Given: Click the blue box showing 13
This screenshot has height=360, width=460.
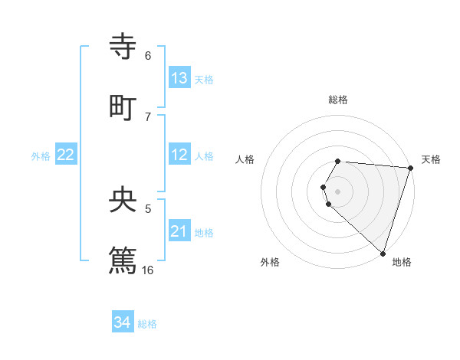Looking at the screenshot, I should (x=179, y=77).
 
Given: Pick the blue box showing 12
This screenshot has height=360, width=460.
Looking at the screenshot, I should (x=179, y=155).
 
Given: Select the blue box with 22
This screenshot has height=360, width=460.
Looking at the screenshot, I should (x=66, y=155).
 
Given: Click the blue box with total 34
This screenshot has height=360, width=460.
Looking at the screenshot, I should (x=123, y=322).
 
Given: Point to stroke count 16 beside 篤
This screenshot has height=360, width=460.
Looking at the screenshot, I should (x=148, y=270).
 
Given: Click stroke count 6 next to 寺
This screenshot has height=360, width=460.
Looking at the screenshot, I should (x=148, y=56).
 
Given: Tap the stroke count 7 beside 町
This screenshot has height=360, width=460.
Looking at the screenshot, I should (x=148, y=116).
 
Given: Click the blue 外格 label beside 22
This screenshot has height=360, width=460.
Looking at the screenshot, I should (x=41, y=155).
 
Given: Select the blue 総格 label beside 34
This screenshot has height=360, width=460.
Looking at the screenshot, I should (x=147, y=324).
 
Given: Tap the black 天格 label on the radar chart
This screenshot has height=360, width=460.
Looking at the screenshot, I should (x=431, y=159).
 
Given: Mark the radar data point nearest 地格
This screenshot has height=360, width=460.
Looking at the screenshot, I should (x=383, y=253).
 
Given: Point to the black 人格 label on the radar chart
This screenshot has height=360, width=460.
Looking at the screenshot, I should (x=245, y=159).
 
